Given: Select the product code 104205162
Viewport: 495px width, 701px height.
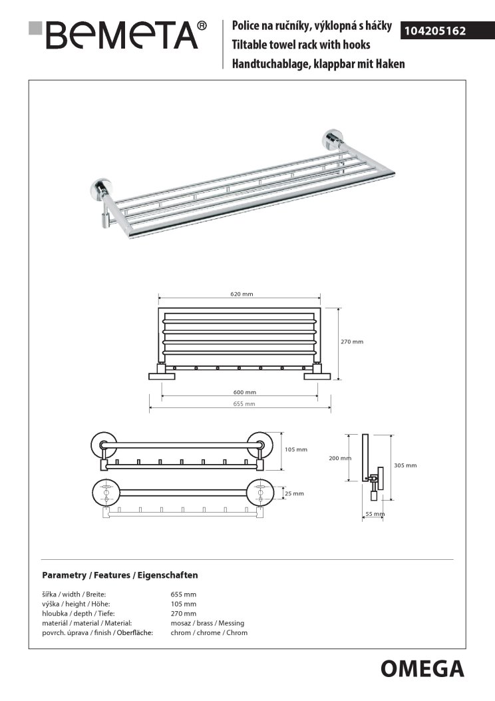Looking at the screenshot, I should click(x=436, y=31).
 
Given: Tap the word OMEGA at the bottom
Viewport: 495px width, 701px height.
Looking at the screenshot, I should click(x=422, y=668).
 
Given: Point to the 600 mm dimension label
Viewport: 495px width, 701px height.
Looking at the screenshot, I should click(x=246, y=393).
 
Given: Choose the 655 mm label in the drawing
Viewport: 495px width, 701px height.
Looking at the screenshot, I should click(x=245, y=404).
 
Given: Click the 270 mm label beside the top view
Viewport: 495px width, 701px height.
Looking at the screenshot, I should click(x=352, y=342).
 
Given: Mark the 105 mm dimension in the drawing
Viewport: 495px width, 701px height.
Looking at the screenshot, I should click(x=296, y=449).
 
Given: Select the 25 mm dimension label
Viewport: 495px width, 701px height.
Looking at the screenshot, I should click(x=293, y=493).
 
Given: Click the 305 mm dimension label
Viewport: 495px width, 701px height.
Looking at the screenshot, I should click(x=405, y=465).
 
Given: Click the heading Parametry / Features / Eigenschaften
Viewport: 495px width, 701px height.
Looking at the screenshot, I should click(x=120, y=575).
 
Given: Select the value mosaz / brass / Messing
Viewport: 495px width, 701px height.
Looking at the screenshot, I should click(x=207, y=623).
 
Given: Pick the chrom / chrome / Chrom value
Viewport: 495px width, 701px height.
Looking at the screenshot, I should click(x=209, y=632).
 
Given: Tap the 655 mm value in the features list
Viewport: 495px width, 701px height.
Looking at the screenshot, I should click(x=184, y=594).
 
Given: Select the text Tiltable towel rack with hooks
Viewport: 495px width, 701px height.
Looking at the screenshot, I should click(x=301, y=45).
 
